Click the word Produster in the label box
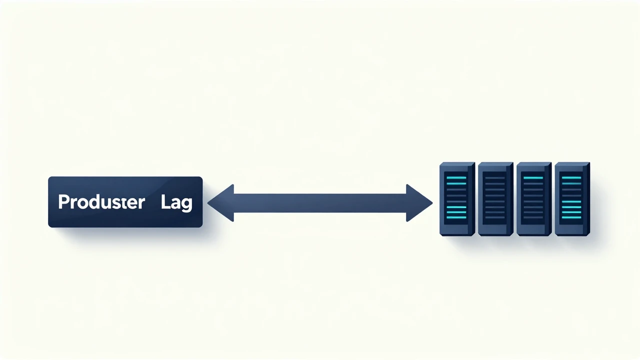click(101, 202)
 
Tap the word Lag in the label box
click(176, 203)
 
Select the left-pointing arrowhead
click(221, 203)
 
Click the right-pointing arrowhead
click(419, 203)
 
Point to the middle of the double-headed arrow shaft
click(320, 203)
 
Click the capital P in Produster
click(63, 202)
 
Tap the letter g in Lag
click(187, 204)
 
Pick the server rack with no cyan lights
click(495, 199)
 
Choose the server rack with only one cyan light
click(533, 199)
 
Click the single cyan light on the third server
click(533, 177)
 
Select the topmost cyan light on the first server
click(456, 177)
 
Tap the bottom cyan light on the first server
click(456, 217)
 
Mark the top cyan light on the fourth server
click(571, 177)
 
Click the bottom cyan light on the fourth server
click(571, 217)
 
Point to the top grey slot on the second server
click(495, 177)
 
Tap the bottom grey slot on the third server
click(533, 217)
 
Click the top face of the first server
click(457, 164)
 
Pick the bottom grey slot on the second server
click(495, 217)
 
